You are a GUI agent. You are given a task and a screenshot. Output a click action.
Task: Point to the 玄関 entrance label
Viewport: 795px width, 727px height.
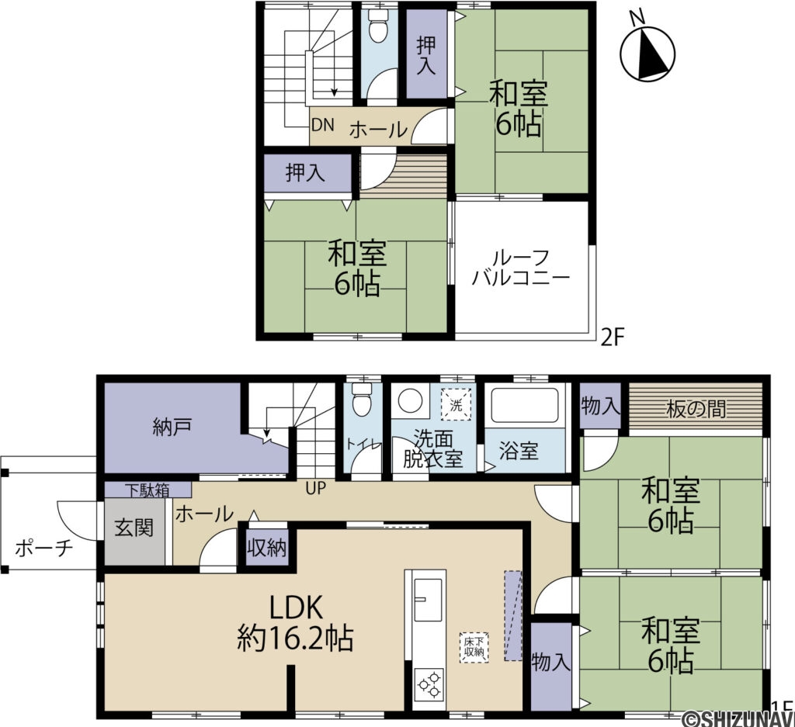coord(134,528)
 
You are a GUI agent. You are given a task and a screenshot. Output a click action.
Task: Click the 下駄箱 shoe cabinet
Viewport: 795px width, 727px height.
coord(148,490)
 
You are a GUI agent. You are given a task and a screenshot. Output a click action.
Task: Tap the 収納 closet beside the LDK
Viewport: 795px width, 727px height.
coord(267,547)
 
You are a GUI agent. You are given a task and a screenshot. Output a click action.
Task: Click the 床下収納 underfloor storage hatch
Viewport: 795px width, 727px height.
coord(474,647)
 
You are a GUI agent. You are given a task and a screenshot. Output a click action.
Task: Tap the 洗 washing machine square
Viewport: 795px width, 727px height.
coord(457,404)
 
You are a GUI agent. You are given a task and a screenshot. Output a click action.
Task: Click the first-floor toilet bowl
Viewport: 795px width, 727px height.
coord(362,400)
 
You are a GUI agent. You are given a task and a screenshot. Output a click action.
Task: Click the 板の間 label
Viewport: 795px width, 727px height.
coord(695,409)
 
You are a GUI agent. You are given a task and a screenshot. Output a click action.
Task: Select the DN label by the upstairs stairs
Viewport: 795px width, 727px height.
coord(322,125)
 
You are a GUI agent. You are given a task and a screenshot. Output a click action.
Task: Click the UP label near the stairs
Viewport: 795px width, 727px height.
coord(315,488)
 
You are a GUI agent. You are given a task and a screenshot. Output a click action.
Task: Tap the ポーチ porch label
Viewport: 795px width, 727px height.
coord(44,549)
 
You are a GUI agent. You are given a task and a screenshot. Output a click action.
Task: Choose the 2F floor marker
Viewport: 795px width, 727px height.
coord(612,338)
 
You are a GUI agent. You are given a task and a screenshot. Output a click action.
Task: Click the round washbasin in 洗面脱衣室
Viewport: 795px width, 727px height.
coord(411,400)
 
